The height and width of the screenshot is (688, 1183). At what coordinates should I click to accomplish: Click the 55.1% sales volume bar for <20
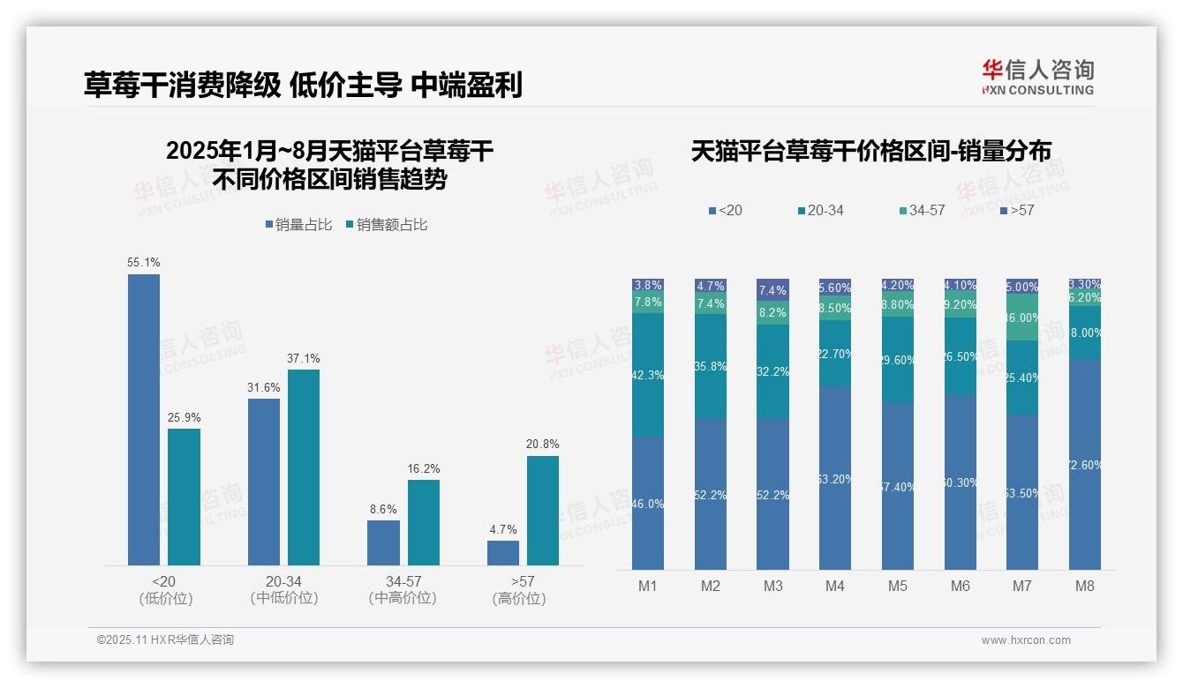tap(144, 419)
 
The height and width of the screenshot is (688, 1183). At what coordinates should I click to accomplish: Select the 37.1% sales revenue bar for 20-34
tap(304, 467)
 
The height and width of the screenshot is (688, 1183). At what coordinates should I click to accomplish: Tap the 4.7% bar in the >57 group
tap(503, 552)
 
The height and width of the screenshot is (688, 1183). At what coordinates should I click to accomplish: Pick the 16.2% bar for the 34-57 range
tap(423, 522)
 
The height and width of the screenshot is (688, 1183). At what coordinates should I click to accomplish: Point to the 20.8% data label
tap(542, 444)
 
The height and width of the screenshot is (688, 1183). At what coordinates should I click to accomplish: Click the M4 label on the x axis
tap(835, 586)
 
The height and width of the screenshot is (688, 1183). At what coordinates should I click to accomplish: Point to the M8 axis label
tap(1085, 586)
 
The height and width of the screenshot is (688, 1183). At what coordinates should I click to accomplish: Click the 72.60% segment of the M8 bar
tap(1085, 464)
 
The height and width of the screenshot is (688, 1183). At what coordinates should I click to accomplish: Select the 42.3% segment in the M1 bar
tap(648, 374)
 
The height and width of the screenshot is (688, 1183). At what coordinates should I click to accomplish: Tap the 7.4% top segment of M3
tap(772, 289)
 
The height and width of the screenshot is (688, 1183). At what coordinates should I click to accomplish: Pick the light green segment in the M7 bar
tap(1022, 317)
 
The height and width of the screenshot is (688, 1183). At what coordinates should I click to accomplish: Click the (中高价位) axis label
tap(403, 598)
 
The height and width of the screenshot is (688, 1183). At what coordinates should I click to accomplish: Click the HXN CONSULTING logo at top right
tap(1037, 77)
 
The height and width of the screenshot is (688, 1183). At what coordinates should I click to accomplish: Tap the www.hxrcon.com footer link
tap(1026, 640)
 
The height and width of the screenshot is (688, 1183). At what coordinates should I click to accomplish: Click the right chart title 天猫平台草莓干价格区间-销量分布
tap(870, 152)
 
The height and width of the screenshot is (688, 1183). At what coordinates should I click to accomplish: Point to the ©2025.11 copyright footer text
tap(165, 640)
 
